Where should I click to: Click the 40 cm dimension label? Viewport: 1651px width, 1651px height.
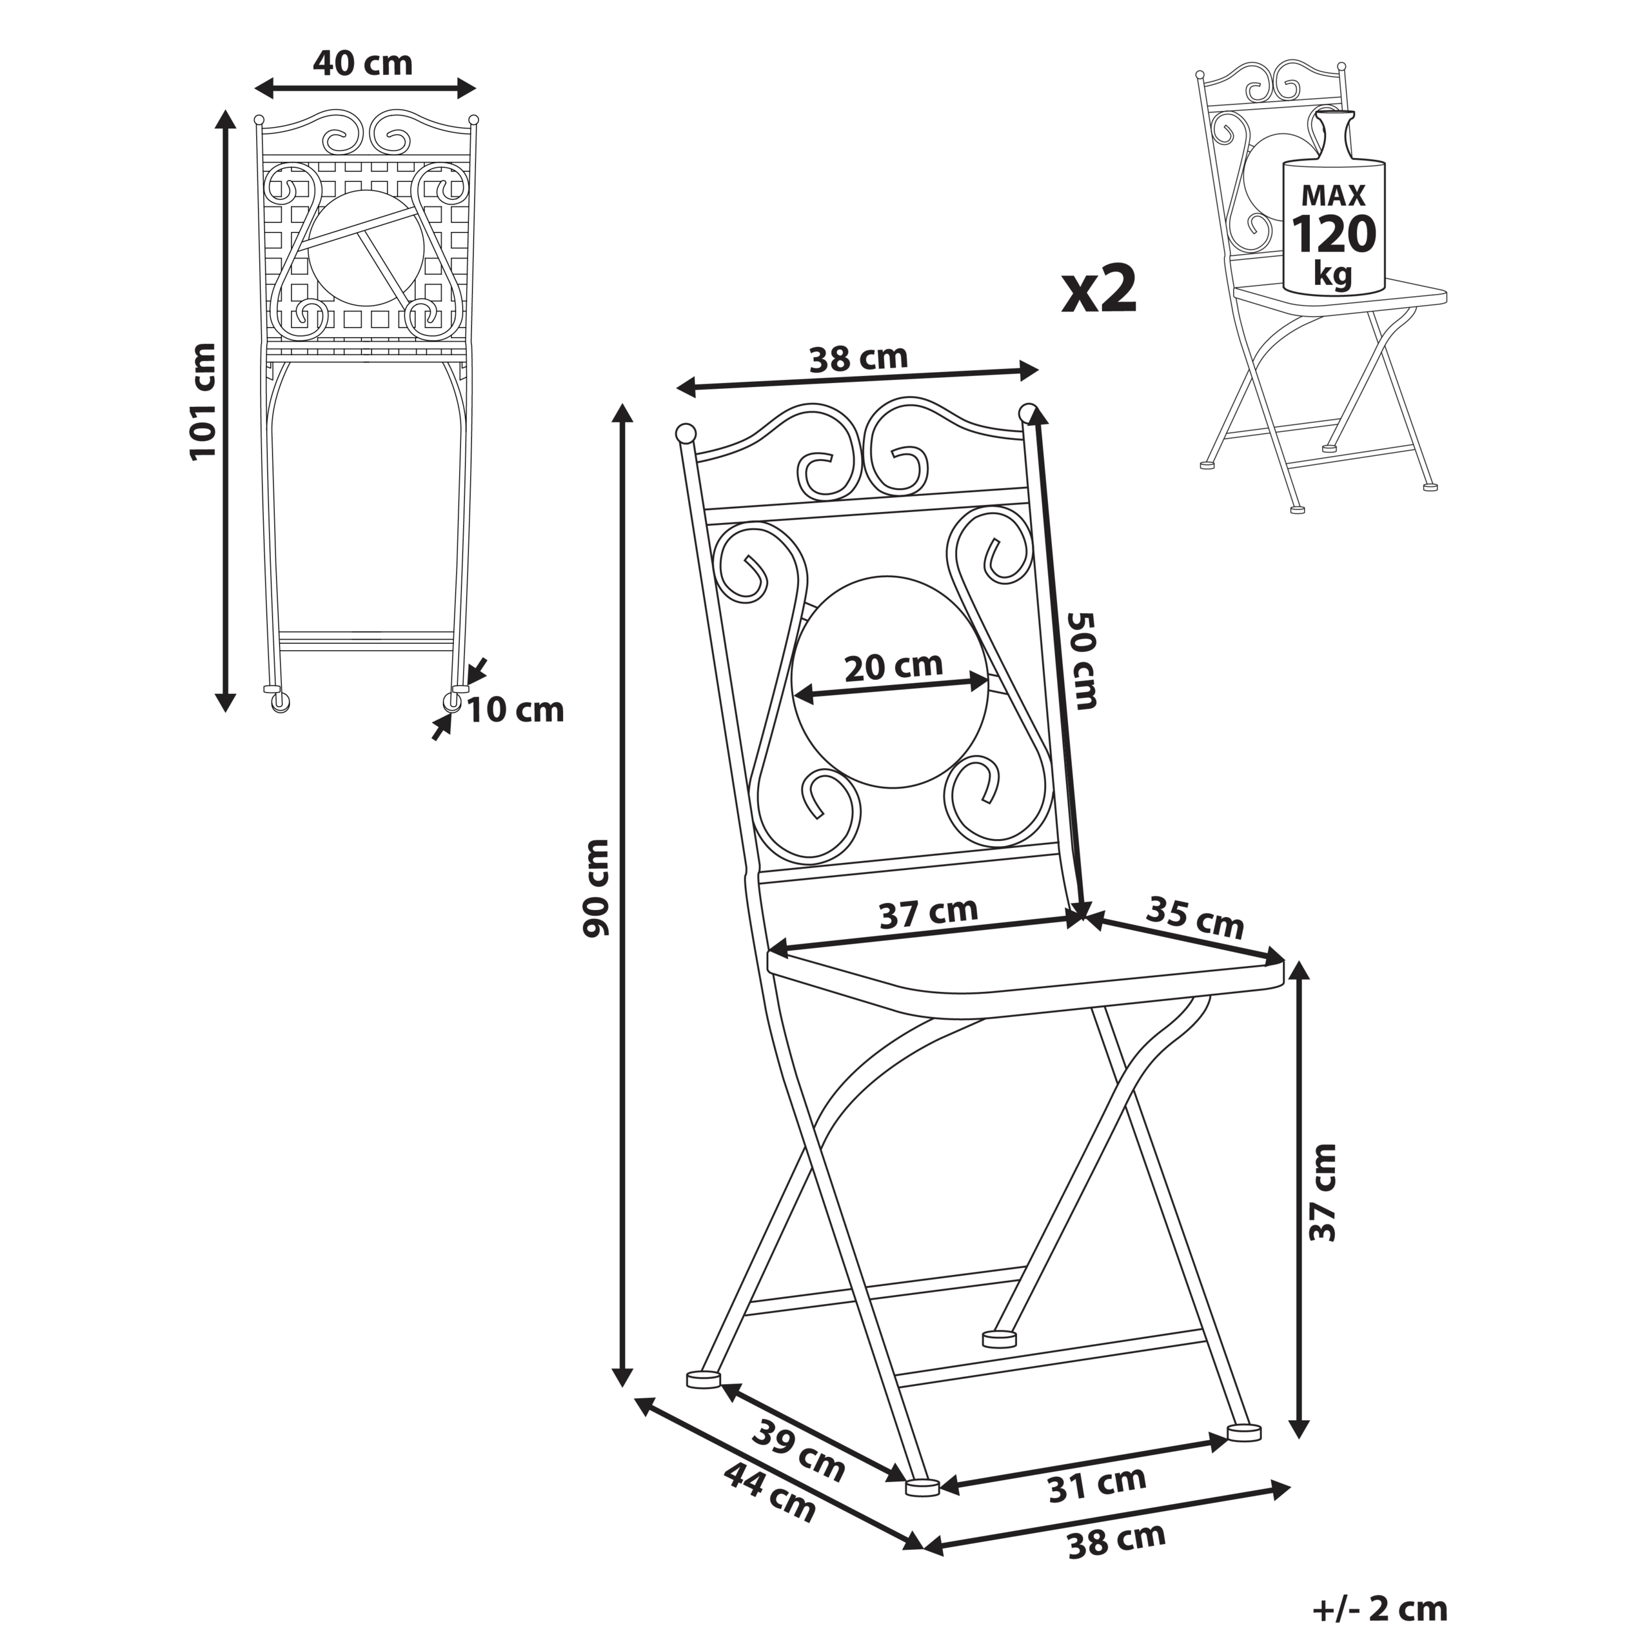coord(362,63)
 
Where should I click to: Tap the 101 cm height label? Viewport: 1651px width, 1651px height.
coord(203,402)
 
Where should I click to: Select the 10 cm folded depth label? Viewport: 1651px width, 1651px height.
coord(515,710)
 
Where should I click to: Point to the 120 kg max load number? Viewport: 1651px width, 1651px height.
coord(1333,234)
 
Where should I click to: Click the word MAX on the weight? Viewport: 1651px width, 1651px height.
coord(1333,195)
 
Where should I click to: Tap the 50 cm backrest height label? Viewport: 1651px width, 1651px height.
coord(1083,660)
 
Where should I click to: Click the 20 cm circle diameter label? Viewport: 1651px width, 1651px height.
coord(893,667)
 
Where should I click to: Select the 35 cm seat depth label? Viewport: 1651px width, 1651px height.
coord(1194,917)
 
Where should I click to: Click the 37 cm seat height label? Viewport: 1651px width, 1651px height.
coord(1323,1191)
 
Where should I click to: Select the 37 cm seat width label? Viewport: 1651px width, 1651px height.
coord(928,913)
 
